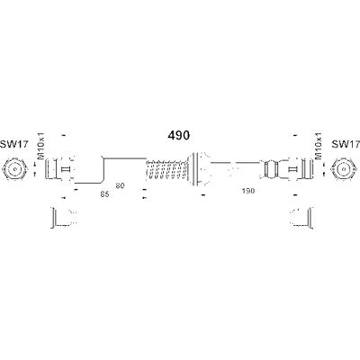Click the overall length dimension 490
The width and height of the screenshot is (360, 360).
[x=178, y=136]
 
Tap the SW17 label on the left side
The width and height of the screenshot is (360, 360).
[x=13, y=145]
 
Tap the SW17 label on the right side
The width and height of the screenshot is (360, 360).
[x=346, y=145]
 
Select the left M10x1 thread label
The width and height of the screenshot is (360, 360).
[x=40, y=146]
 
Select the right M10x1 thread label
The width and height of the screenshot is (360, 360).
[x=319, y=146]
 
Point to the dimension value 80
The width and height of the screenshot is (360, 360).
[x=120, y=185]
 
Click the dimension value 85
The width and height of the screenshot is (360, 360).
[x=104, y=194]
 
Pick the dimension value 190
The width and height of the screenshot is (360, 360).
[x=247, y=191]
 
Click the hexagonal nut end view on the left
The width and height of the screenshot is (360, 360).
[x=15, y=170]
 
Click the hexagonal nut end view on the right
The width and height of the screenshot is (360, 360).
[x=345, y=170]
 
